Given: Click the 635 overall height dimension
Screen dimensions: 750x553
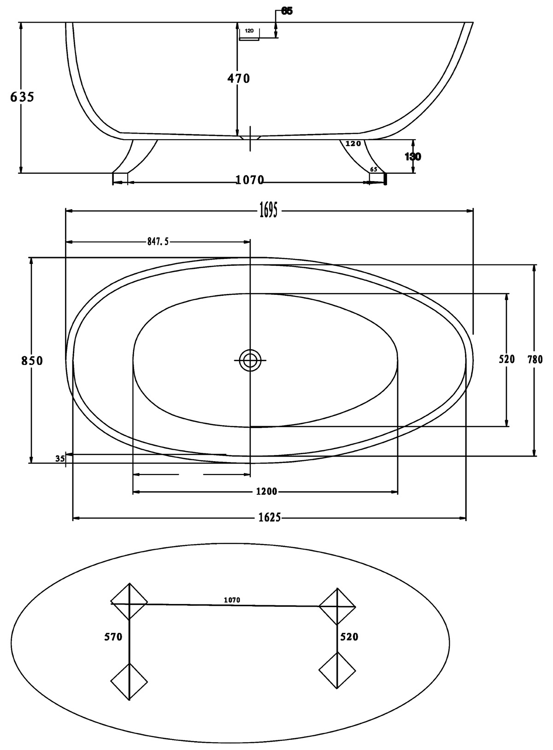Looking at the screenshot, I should pos(22,97).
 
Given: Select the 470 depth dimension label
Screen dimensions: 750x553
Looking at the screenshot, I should pos(238,79).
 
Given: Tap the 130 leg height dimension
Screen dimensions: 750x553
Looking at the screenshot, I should pos(412,157).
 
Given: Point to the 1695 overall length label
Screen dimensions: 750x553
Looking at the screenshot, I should pos(268,211).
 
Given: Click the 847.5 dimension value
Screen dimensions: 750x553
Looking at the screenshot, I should pos(158,241).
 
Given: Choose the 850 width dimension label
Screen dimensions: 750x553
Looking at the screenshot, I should pos(32,361).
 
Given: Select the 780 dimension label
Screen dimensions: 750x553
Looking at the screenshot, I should pos(535,359).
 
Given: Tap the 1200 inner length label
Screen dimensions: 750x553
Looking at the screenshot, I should pos(266,492).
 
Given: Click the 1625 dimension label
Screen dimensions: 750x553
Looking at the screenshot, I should pos(269,518).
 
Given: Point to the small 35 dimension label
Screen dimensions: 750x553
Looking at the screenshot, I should pos(59,458).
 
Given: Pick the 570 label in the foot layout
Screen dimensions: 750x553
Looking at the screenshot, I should pos(113,637).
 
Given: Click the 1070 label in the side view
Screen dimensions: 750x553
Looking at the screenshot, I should pos(250,180).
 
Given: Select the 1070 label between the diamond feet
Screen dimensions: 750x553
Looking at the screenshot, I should pos(232,600).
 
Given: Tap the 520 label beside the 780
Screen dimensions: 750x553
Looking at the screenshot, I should pos(506,359).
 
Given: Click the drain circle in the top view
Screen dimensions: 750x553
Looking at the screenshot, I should pos(250,360).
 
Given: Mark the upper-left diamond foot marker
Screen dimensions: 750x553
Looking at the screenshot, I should pos(129,602).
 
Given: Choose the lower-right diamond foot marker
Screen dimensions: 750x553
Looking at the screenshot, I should pos(337,670).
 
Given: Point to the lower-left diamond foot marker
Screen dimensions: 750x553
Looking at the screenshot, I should pos(129,681).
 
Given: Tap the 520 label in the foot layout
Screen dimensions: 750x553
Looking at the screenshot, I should pos(349,637).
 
